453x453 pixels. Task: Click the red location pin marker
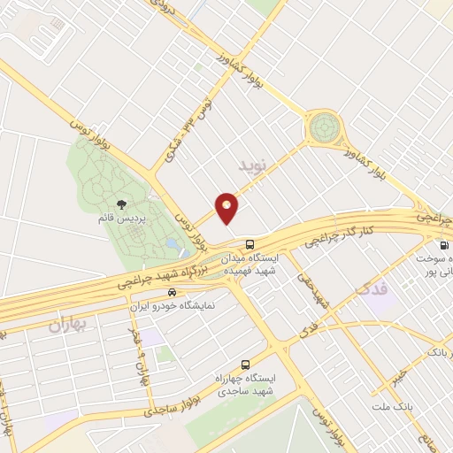(x=227, y=208)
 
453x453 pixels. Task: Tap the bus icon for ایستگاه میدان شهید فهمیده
(x=250, y=243)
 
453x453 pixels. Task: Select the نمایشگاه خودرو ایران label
(x=173, y=306)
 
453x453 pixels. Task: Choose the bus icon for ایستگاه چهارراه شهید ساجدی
(x=245, y=365)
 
